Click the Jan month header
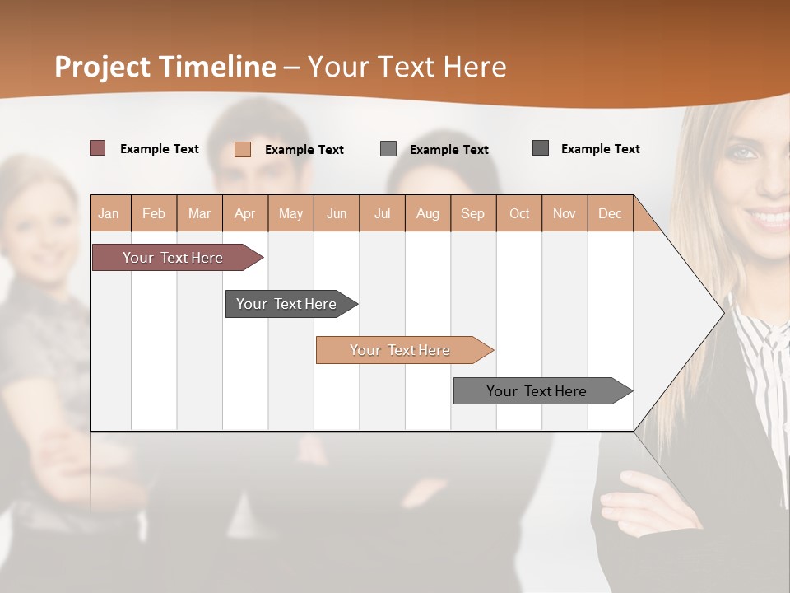pos(109,213)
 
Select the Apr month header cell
pos(245,213)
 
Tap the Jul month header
pos(382,213)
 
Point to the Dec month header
pos(610,213)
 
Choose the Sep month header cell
pos(472,213)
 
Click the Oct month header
pos(519,213)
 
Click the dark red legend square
pos(97,148)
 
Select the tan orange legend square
pos(242,149)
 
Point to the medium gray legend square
pos(388,149)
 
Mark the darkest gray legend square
pos(541,148)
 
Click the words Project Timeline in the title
pos(165,67)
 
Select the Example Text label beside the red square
pos(160,149)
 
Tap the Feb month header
pos(154,213)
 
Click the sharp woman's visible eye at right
pos(743,152)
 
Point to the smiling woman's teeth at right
pos(769,218)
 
